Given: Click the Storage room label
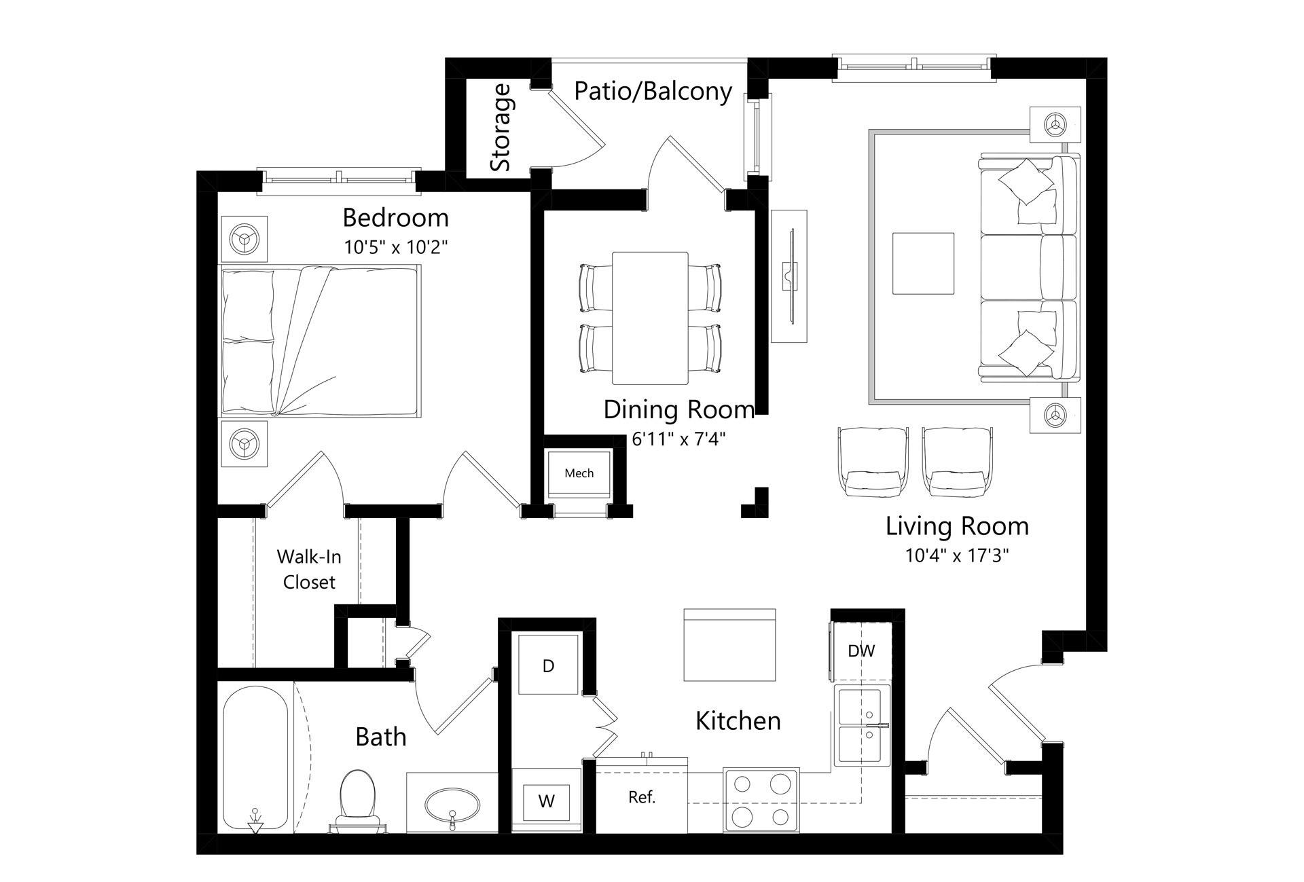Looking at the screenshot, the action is pyautogui.click(x=501, y=127).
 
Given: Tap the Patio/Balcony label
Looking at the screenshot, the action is pyautogui.click(x=653, y=91).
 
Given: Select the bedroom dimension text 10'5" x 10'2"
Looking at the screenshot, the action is pyautogui.click(x=396, y=246).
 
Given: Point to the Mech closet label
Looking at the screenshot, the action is pyautogui.click(x=579, y=473).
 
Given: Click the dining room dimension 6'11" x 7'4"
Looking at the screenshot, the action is pyautogui.click(x=678, y=439).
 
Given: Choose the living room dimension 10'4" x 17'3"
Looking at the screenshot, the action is pyautogui.click(x=957, y=555).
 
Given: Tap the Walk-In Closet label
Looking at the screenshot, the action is pyautogui.click(x=309, y=569).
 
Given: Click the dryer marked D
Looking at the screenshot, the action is pyautogui.click(x=549, y=665).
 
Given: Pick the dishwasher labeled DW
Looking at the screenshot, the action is pyautogui.click(x=861, y=650).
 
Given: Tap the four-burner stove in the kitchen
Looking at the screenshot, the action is pyautogui.click(x=761, y=800).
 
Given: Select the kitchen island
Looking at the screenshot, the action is pyautogui.click(x=729, y=644).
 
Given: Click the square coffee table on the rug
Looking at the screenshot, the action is pyautogui.click(x=923, y=263).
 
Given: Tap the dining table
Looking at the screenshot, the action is pyautogui.click(x=650, y=318).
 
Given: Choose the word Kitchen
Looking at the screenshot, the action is pyautogui.click(x=738, y=720).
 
